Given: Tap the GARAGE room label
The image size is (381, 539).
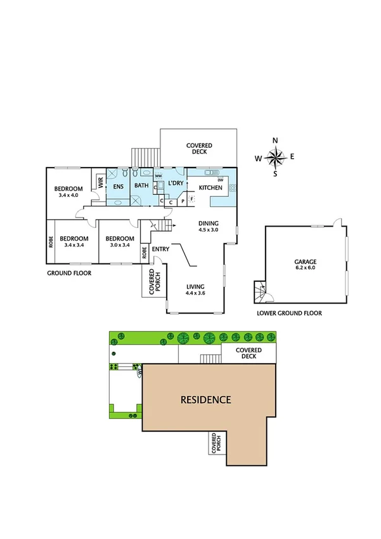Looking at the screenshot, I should click(x=305, y=262).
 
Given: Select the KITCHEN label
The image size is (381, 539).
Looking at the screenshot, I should click(x=210, y=188).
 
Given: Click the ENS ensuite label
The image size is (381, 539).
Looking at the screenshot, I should click(x=118, y=187).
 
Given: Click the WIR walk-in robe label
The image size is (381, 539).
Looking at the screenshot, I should click(x=100, y=183).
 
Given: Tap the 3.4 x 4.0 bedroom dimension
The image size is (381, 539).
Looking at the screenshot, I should click(x=68, y=196).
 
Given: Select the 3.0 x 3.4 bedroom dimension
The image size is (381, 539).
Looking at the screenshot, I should click(x=119, y=245).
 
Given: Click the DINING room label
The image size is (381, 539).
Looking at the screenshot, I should click(x=208, y=223).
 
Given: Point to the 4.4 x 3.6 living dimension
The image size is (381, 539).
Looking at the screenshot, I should click(x=195, y=293).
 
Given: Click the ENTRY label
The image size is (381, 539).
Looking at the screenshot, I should click(x=160, y=249).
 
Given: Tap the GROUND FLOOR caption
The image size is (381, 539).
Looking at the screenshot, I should click(x=69, y=273).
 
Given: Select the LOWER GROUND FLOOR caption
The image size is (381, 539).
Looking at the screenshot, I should click(x=289, y=313).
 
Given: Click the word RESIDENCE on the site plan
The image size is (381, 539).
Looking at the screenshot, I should click(x=206, y=400).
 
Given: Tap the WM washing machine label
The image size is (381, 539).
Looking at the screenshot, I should click(x=158, y=175).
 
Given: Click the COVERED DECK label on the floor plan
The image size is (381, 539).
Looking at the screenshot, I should click(x=199, y=149).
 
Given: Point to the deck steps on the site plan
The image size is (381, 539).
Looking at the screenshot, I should click(x=210, y=359).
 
